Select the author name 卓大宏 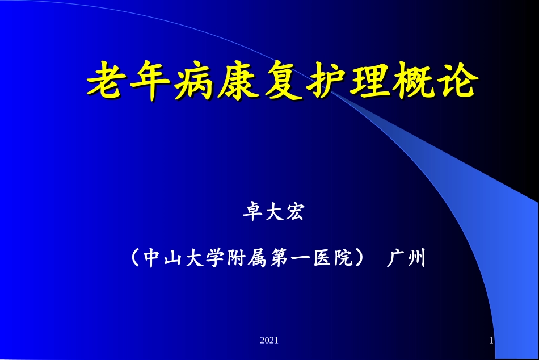pyautogui.click(x=274, y=214)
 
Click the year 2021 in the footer pyautogui.click(x=269, y=341)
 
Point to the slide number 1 pyautogui.click(x=491, y=341)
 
